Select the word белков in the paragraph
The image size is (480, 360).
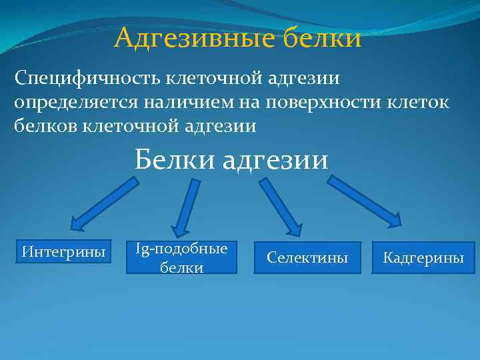coord(45,125)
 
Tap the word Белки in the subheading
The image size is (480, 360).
coord(175,161)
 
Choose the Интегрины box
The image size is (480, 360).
coord(64,252)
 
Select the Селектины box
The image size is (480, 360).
coord(307,257)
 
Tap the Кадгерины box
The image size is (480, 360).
coord(423,257)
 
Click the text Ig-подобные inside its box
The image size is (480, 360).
coord(181,249)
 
